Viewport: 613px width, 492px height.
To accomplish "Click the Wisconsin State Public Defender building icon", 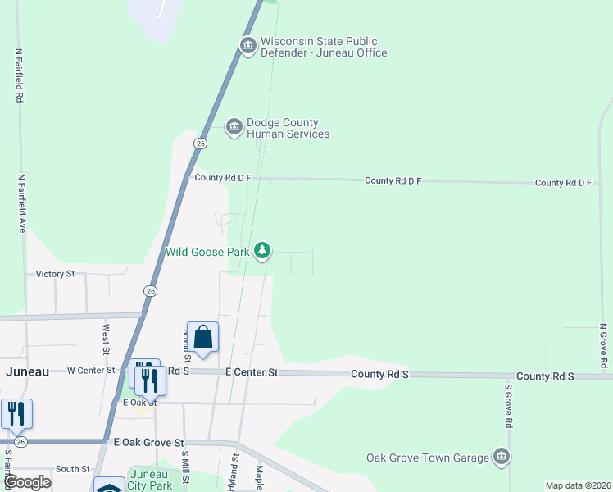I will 247,44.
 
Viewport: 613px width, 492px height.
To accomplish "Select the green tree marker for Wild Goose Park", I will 261,250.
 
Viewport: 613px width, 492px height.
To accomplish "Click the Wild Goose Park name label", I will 207,252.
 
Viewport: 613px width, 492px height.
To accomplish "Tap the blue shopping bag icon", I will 202,337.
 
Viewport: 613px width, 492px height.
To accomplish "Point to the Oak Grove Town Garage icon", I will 502,457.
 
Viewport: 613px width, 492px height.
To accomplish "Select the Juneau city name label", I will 27,371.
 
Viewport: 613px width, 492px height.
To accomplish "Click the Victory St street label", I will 56,273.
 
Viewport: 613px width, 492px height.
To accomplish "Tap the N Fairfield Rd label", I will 18,74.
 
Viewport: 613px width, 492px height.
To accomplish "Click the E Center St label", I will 252,372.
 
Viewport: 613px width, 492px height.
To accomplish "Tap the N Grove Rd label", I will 603,344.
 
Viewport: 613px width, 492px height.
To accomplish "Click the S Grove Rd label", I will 508,406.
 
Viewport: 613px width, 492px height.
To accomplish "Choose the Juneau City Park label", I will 150,480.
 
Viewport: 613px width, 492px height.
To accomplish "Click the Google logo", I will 27,482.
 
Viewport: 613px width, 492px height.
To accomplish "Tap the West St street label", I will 106,339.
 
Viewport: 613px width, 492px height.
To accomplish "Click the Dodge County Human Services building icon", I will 234,125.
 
